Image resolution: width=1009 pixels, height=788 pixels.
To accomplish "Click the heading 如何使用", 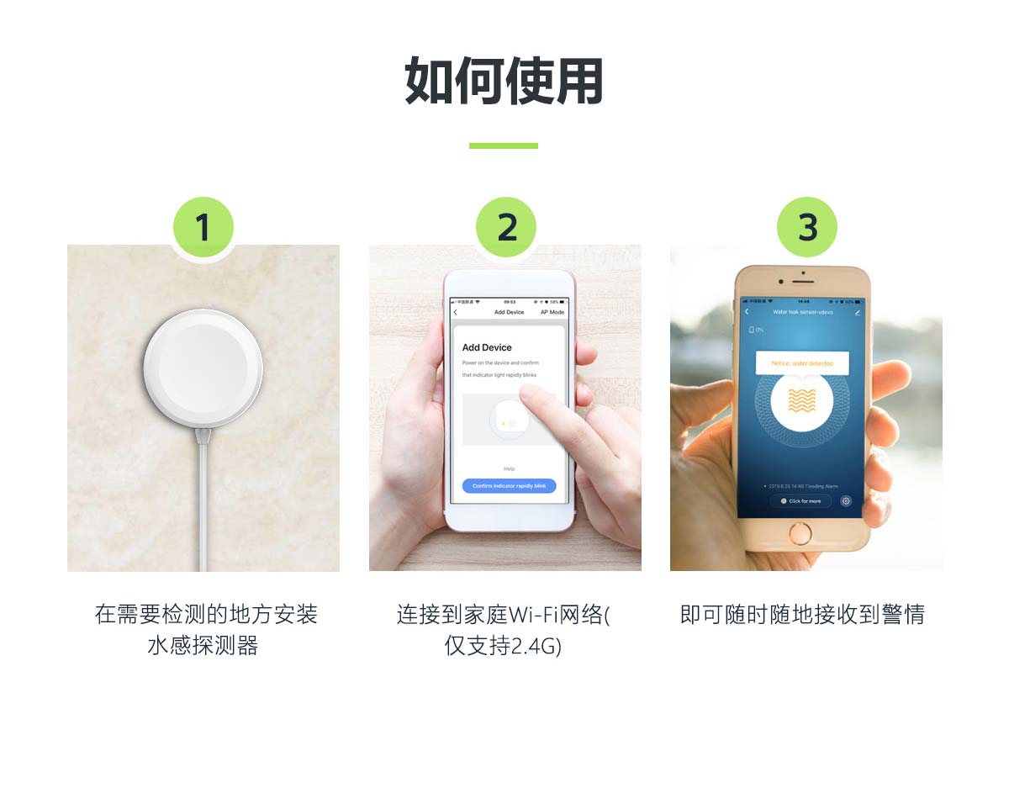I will click(504, 82).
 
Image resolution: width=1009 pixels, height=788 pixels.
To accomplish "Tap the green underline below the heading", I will click(503, 145).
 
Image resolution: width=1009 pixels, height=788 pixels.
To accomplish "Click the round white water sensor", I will click(203, 368).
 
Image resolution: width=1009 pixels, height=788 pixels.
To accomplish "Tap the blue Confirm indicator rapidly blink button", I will click(509, 486).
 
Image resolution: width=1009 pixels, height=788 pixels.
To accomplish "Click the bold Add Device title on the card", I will click(487, 347).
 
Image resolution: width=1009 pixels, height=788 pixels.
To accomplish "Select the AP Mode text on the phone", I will click(552, 312).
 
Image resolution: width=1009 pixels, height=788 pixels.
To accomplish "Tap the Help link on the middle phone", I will click(509, 468).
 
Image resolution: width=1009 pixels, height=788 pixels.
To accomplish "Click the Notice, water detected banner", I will click(802, 363).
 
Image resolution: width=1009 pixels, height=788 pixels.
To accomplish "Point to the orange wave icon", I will click(802, 400).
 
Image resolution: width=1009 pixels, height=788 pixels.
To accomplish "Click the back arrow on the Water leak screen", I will click(746, 312).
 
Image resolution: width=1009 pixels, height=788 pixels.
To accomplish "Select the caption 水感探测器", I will click(203, 646).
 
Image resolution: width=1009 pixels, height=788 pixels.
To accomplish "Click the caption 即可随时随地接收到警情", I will click(802, 615).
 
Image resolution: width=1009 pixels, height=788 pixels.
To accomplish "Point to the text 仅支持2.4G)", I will click(503, 646).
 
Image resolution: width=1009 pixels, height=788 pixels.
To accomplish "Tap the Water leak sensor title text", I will click(802, 312).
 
